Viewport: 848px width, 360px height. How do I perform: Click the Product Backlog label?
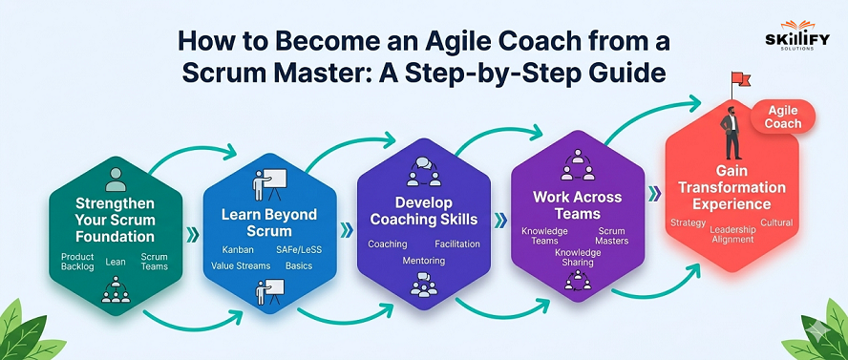(x=77, y=262)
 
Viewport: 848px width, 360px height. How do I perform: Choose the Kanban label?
(x=225, y=249)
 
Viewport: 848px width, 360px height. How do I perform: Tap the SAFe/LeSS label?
(x=297, y=249)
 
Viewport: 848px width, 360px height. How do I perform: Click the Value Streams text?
(x=239, y=266)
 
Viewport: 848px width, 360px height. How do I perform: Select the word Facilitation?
(x=456, y=245)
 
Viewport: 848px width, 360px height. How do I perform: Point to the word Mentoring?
(x=423, y=260)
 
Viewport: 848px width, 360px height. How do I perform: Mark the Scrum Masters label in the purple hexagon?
(x=612, y=236)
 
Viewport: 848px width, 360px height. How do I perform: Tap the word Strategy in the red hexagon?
(x=689, y=223)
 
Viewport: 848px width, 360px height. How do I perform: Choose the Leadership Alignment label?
(x=733, y=234)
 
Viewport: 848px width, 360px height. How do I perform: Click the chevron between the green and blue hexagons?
(x=192, y=233)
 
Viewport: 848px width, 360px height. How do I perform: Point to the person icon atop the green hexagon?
(x=116, y=178)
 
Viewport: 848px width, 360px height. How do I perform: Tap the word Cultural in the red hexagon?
(x=776, y=223)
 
